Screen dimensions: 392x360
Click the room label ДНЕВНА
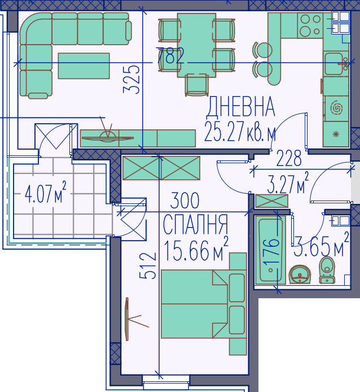(x=241, y=107)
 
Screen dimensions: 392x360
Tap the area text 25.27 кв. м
(x=240, y=133)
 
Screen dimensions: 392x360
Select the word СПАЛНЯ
(x=195, y=224)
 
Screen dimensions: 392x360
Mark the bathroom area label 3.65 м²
(x=322, y=246)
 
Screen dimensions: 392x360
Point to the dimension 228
(x=289, y=159)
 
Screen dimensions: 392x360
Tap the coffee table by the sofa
(x=84, y=66)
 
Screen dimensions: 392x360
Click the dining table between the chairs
(x=196, y=45)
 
